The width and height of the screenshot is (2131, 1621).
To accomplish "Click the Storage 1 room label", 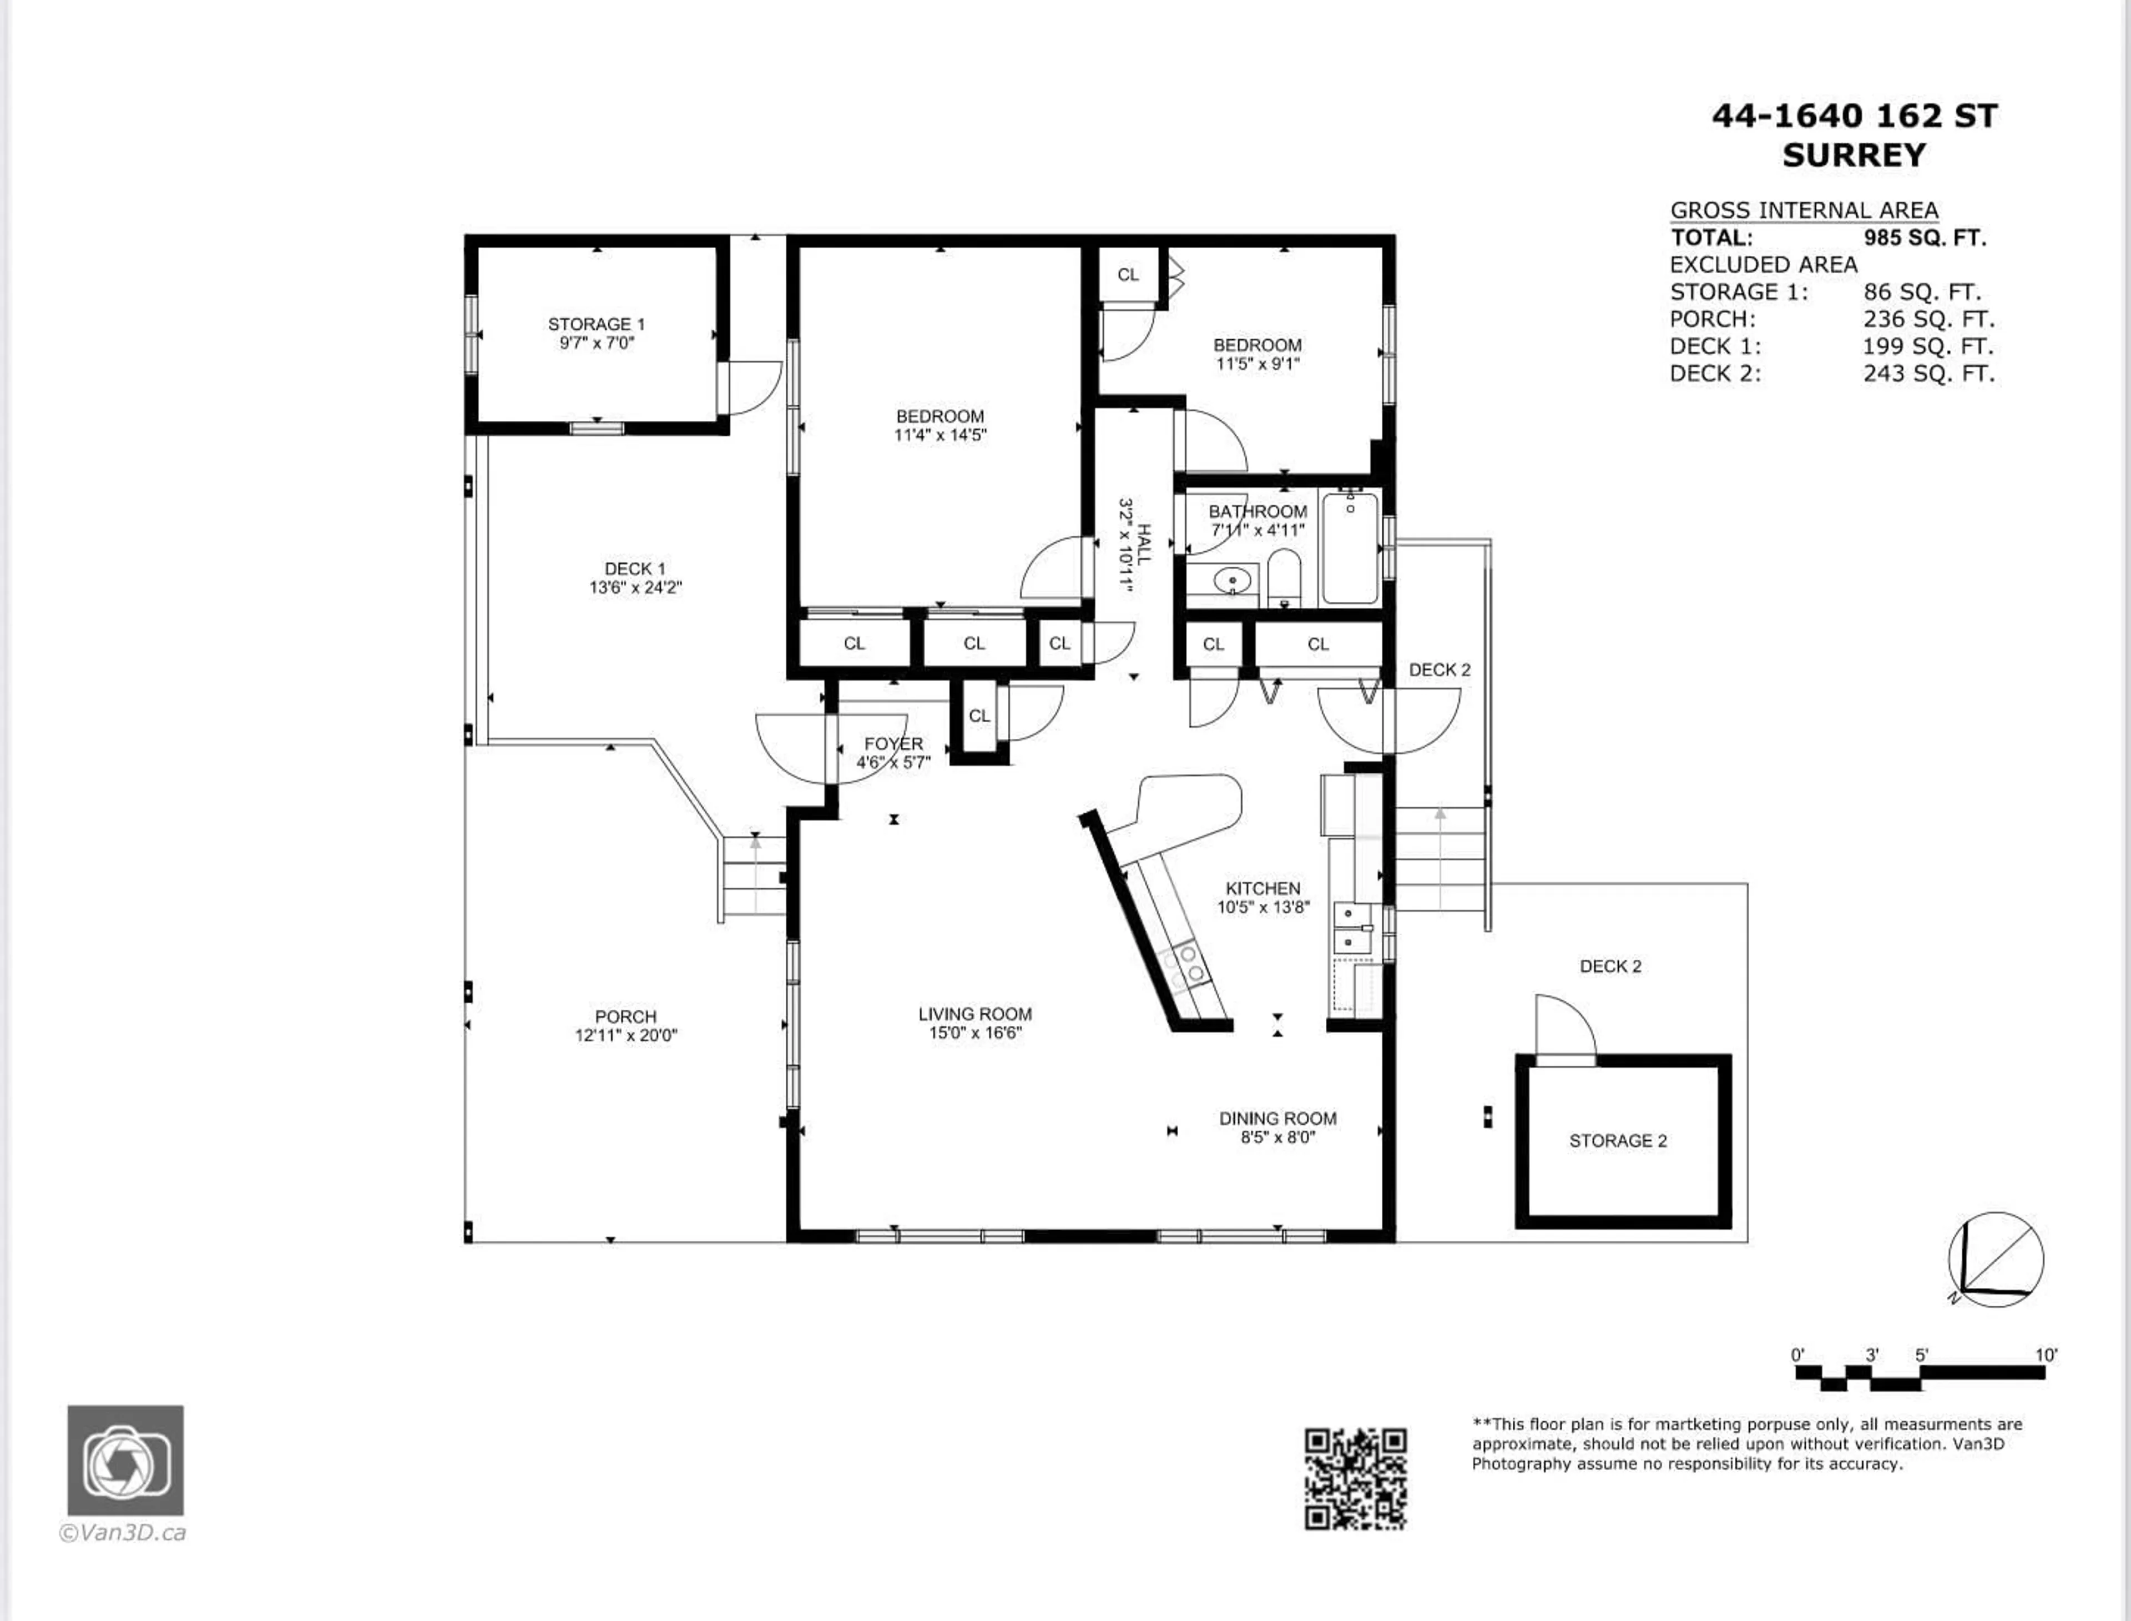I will pos(596,324).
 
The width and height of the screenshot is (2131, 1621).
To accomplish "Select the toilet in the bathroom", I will pos(1283,576).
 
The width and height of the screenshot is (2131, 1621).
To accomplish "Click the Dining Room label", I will pos(1277,1118).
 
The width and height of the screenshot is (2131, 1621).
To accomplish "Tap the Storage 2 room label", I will pos(1618,1140).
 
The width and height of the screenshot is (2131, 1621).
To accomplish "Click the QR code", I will pos(1355,1478).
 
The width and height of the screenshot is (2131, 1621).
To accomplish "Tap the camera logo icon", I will pos(125,1460).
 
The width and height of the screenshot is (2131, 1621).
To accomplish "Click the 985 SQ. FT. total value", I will pos(1925,238).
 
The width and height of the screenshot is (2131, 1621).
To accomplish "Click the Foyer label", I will pos(893,744).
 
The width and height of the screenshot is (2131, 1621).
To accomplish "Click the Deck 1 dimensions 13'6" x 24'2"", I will pos(636,587).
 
